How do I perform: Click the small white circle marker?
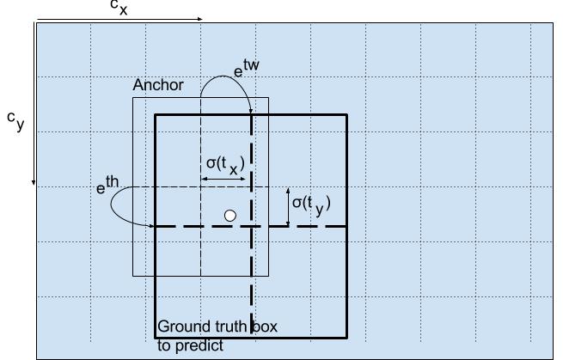230,216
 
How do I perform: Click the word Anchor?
158,85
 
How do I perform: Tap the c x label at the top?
119,8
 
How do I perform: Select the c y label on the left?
15,121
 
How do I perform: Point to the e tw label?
247,69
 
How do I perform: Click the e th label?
107,185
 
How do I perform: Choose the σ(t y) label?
311,205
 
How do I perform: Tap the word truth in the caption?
231,326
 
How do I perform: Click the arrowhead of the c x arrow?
201,19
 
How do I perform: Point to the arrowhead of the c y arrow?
34,183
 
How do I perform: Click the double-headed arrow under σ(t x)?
223,179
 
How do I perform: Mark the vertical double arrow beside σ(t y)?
288,207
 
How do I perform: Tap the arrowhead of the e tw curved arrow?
251,112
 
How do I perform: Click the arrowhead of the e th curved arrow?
151,226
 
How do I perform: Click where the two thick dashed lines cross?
251,227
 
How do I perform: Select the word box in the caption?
265,326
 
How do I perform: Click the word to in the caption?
165,345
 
